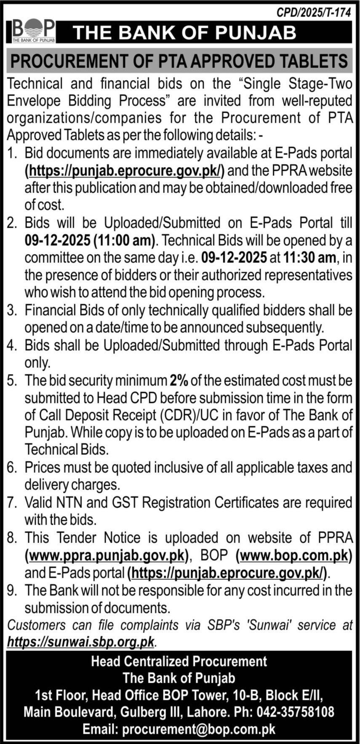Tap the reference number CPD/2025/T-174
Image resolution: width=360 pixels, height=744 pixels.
[x=313, y=13]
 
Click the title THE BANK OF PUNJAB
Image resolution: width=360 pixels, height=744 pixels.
[x=185, y=32]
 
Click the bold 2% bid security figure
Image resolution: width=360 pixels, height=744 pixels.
[x=179, y=380]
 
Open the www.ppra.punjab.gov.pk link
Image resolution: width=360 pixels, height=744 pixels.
[x=107, y=555]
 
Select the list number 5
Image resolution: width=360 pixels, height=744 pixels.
[x=11, y=380]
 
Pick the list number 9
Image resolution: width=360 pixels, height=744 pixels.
[x=11, y=590]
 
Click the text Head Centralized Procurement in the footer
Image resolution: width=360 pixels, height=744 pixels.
[x=179, y=661]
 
